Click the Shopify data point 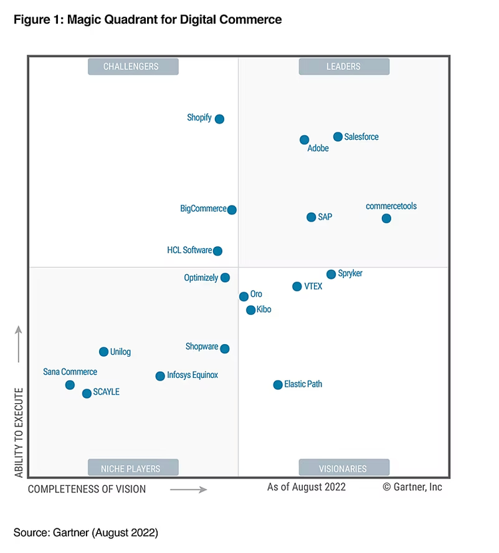click(220, 119)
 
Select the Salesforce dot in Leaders click(338, 137)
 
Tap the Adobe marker click(304, 140)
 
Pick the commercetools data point click(387, 218)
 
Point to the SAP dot click(311, 217)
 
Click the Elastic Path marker click(278, 385)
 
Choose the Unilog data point click(104, 352)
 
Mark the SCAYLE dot click(86, 393)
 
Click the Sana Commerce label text click(70, 372)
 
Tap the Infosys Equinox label click(192, 375)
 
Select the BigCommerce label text click(204, 209)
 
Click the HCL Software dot click(218, 251)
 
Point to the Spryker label click(350, 274)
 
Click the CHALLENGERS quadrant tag click(133, 67)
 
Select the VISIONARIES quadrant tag click(344, 468)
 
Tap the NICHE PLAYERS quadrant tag click(133, 468)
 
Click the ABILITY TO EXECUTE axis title click(19, 433)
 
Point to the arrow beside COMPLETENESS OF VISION click(188, 489)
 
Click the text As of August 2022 click(306, 487)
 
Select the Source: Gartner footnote click(86, 532)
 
